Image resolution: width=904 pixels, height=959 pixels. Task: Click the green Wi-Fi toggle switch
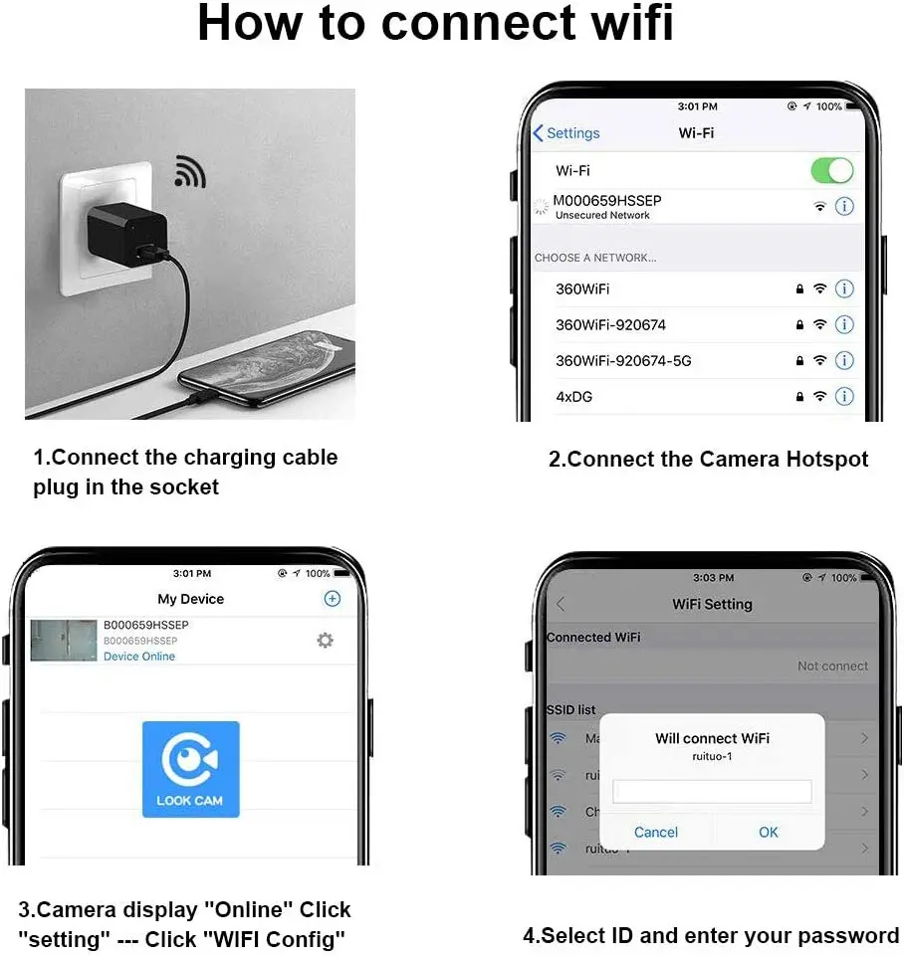[x=831, y=170]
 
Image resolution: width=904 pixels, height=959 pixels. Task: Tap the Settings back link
[x=566, y=133]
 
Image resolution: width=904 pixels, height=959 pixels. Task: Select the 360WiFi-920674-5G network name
[x=623, y=360]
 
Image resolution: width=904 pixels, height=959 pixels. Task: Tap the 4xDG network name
[x=574, y=396]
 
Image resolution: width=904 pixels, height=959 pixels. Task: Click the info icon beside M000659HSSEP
[x=844, y=207]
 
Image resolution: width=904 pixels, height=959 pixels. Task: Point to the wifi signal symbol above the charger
[x=188, y=172]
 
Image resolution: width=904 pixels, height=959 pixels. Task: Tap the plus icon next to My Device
[x=333, y=598]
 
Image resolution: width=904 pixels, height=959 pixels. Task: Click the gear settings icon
[x=325, y=641]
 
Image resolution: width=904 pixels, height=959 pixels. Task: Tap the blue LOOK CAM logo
[x=190, y=769]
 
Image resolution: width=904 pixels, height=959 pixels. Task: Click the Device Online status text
[x=139, y=657]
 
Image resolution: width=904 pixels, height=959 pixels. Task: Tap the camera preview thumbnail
[x=64, y=641]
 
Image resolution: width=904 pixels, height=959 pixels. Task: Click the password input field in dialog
[x=712, y=792]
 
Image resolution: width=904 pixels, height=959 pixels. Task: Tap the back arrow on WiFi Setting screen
[x=561, y=604]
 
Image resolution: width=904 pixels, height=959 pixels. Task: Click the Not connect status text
[x=832, y=666]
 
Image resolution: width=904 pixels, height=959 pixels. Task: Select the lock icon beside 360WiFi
[x=799, y=289]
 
